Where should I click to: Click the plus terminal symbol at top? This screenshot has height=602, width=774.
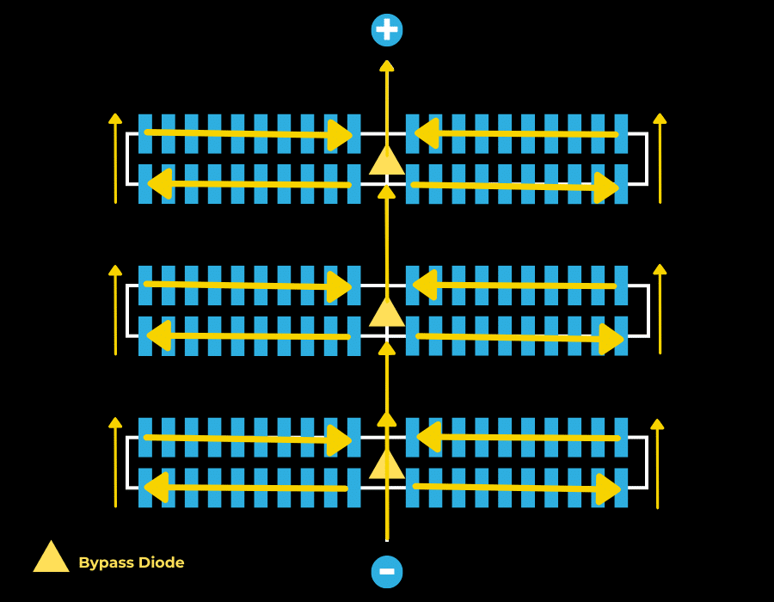pos(387,30)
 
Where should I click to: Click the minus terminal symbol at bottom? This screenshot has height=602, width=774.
pos(387,572)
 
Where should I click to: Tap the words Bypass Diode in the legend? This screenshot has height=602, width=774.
pos(132,562)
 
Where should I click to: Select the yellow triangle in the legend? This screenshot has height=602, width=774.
pos(52,557)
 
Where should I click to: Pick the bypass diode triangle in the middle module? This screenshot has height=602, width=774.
pos(387,313)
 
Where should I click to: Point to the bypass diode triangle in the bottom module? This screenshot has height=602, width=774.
pos(387,465)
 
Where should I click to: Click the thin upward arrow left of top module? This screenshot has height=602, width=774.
pos(115,159)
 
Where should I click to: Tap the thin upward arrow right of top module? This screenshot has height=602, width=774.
pos(660,159)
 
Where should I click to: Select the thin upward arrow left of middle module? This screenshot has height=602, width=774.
pos(115,310)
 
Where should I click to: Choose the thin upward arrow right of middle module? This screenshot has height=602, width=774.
pos(660,310)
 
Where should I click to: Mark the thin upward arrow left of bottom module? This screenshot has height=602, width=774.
pos(115,463)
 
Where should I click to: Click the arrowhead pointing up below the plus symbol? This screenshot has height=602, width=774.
pos(387,66)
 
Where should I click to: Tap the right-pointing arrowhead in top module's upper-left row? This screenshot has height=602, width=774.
pos(341,135)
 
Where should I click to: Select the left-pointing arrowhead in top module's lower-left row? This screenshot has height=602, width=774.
pos(159,183)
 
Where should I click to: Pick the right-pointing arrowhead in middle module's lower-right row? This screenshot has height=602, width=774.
pos(611,339)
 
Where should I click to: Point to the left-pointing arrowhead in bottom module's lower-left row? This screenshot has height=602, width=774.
pos(156,487)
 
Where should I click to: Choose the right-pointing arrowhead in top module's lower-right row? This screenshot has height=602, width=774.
pos(607,187)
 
